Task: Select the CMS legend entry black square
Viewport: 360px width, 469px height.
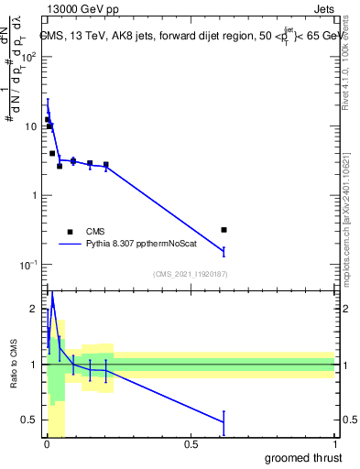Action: pos(70,232)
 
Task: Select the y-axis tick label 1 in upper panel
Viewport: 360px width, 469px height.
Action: pos(34,195)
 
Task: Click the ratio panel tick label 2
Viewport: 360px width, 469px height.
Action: pos(34,309)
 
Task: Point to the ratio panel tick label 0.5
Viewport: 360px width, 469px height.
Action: pos(30,420)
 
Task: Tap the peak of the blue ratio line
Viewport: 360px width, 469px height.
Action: pos(52,295)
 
